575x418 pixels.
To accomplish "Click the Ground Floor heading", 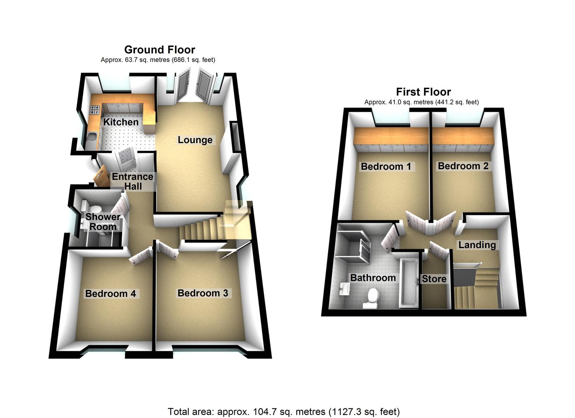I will [x=160, y=50].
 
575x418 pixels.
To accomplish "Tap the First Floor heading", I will [x=423, y=92].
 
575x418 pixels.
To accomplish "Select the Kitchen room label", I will [x=121, y=122].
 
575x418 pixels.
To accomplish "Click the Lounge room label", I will [x=195, y=140].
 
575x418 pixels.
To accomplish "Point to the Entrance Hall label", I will [x=132, y=181].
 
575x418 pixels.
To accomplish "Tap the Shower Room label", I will [x=103, y=222].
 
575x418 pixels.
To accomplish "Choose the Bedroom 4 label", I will [x=110, y=293].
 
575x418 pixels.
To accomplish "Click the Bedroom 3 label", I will [x=203, y=293].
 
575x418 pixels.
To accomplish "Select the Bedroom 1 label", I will [x=386, y=166].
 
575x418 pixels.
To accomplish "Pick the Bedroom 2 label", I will [x=463, y=166].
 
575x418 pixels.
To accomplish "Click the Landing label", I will [x=477, y=245].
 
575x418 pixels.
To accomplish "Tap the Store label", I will [x=434, y=279].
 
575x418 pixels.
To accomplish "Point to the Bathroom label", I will [x=373, y=278].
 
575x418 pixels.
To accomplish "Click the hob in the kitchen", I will [x=95, y=110].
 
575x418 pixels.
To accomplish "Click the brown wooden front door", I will [x=101, y=176].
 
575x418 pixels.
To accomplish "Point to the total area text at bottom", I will [x=283, y=411].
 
